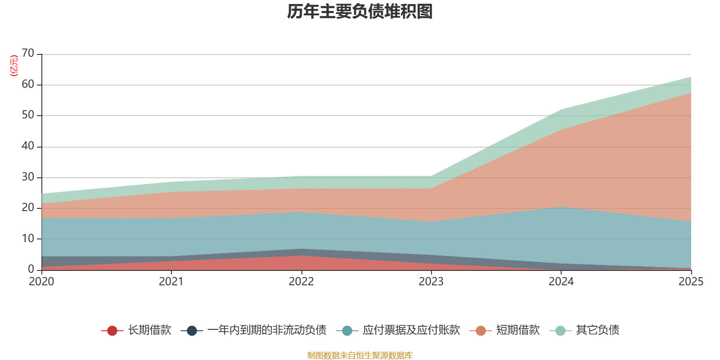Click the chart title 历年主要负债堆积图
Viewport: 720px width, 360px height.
[x=360, y=12]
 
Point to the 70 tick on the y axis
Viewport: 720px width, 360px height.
[x=28, y=54]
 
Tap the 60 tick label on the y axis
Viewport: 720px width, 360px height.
[x=28, y=85]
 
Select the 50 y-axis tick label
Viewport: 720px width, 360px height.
[x=28, y=115]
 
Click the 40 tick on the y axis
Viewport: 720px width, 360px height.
[x=28, y=146]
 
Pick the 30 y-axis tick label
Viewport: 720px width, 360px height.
[x=28, y=177]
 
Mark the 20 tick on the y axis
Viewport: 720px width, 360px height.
[x=28, y=208]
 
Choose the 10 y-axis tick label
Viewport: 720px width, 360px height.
[x=28, y=239]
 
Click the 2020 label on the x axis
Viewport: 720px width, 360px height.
[x=41, y=282]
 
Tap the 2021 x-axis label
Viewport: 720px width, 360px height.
[x=171, y=282]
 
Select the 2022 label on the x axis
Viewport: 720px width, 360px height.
[x=301, y=282]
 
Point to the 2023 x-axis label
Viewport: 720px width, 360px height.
[x=431, y=282]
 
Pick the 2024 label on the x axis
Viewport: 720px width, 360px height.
[x=561, y=282]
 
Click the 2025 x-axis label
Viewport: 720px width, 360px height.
[x=690, y=282]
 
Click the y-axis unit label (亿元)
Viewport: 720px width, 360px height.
[x=14, y=66]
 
